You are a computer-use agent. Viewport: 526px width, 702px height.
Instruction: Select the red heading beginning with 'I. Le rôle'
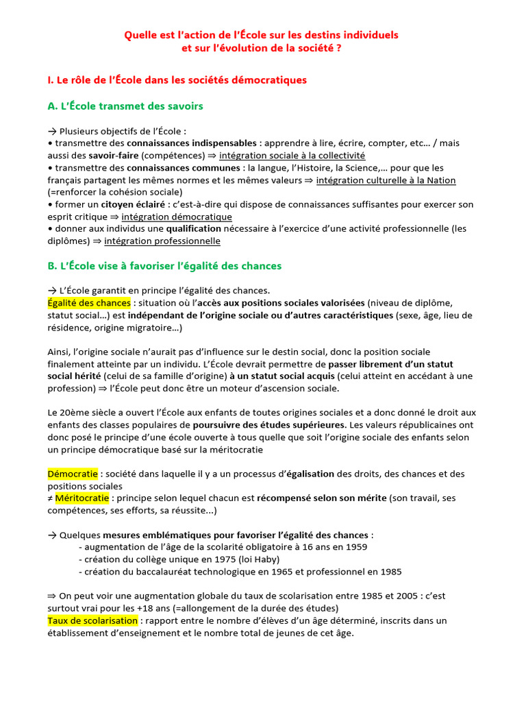click(x=177, y=80)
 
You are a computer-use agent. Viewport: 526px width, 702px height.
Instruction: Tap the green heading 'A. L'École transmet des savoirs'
click(x=125, y=106)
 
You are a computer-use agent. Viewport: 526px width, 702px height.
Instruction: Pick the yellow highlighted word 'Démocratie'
click(x=73, y=474)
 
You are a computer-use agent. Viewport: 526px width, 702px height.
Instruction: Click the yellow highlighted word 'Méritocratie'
click(x=82, y=498)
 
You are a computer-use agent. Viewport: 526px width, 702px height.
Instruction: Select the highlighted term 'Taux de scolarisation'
click(x=92, y=620)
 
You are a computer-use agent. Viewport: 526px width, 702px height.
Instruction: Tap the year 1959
click(x=355, y=547)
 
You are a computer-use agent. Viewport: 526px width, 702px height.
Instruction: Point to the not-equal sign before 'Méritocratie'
click(x=51, y=498)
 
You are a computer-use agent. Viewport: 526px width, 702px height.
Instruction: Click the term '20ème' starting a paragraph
click(x=74, y=413)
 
